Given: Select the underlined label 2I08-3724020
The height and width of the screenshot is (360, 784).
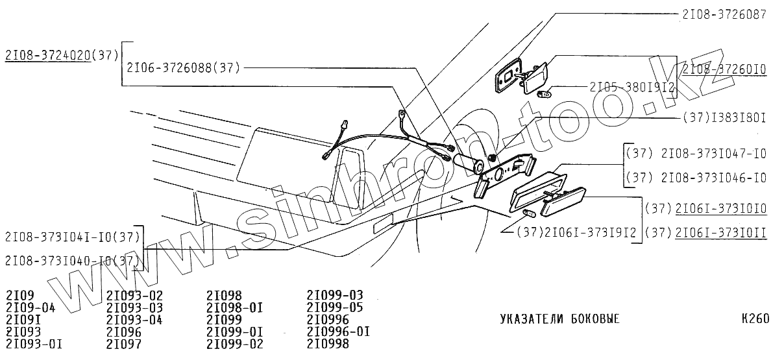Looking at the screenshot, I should click(47, 56).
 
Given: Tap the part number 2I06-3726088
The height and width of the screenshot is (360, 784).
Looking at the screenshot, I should click(169, 67).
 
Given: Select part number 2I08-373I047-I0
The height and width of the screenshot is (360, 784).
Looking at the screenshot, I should click(713, 154).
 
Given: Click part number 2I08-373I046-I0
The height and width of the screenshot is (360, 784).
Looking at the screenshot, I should click(713, 178).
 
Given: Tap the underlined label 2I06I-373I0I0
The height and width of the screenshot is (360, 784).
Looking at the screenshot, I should click(721, 208).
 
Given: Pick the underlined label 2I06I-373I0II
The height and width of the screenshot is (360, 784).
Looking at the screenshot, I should click(721, 232).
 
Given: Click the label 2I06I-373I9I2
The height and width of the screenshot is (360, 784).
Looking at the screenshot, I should click(587, 232).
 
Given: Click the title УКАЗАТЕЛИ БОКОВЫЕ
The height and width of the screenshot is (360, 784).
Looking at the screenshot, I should click(559, 319).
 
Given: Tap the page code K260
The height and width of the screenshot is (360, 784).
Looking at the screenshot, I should click(755, 319).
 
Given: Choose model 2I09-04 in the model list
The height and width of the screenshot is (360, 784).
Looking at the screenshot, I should click(31, 307).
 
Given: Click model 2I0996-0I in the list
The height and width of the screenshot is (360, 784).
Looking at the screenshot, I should click(338, 331).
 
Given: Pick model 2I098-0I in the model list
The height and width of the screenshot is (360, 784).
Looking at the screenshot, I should click(234, 307).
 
